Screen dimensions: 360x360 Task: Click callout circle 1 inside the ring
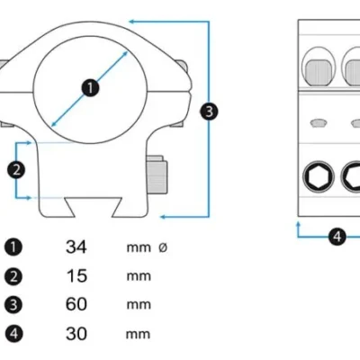pyautogui.click(x=90, y=88)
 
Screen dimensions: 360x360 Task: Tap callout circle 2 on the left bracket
pyautogui.click(x=16, y=170)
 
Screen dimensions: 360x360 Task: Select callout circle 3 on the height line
pyautogui.click(x=209, y=112)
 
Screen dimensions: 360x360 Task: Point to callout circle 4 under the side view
pyautogui.click(x=337, y=237)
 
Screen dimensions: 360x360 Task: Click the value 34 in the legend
pyautogui.click(x=76, y=247)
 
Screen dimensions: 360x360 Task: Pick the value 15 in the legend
pyautogui.click(x=76, y=275)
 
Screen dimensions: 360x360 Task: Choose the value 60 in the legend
pyautogui.click(x=76, y=304)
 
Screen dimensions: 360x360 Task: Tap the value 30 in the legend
pyautogui.click(x=76, y=333)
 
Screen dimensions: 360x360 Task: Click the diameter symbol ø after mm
pyautogui.click(x=163, y=247)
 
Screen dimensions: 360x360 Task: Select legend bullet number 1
pyautogui.click(x=13, y=247)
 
